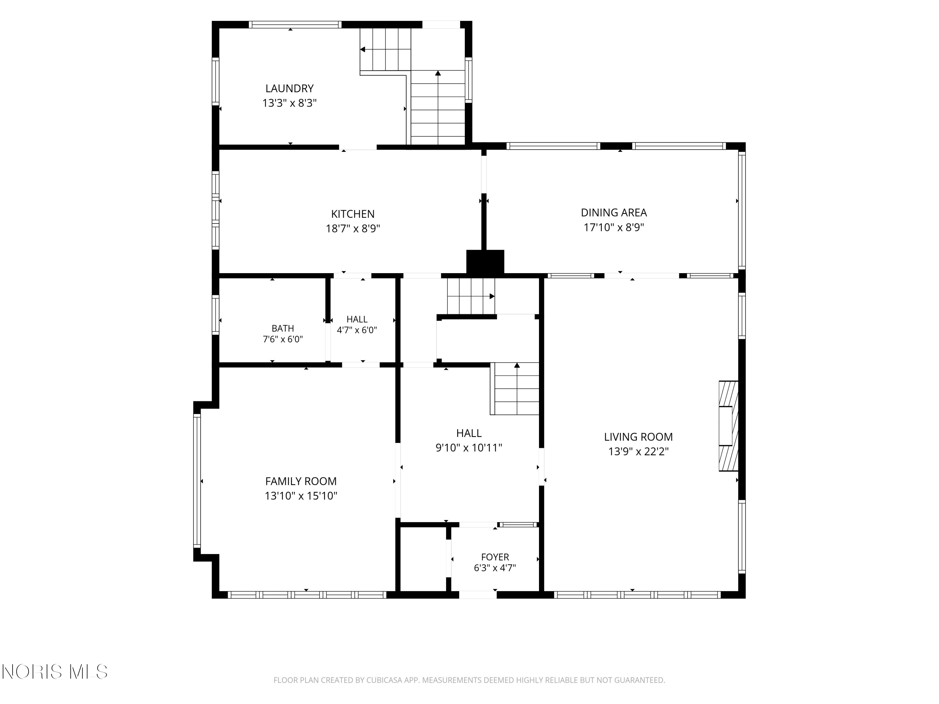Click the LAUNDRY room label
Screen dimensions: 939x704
point(290,88)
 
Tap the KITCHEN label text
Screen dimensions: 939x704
point(353,214)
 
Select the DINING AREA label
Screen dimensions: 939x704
point(614,212)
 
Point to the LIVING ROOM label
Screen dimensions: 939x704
point(639,437)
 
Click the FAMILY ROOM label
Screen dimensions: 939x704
point(301,481)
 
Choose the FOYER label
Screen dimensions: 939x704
point(495,557)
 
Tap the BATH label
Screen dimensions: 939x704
point(283,329)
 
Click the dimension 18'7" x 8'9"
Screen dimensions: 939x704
point(353,229)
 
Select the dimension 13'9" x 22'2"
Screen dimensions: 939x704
point(639,451)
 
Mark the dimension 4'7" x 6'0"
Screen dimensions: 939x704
point(357,330)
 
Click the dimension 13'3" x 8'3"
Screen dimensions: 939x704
point(290,103)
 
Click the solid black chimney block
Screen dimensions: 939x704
point(485,262)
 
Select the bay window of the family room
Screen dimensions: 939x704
point(197,481)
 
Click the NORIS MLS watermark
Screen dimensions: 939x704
point(55,672)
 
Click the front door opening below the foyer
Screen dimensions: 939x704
point(478,595)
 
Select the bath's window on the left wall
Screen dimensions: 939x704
point(216,315)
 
